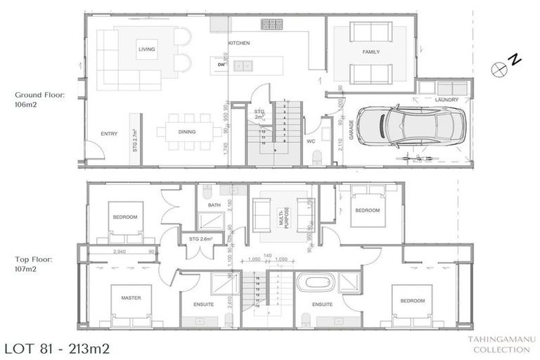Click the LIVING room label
click(x=146, y=49)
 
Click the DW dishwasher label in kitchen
click(x=221, y=65)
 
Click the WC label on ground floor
click(x=310, y=141)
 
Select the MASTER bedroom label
click(x=131, y=297)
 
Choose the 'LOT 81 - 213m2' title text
click(x=56, y=348)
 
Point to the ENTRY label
click(x=109, y=134)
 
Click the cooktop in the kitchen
click(x=271, y=25)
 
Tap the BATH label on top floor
click(x=214, y=205)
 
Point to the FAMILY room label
click(x=371, y=53)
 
